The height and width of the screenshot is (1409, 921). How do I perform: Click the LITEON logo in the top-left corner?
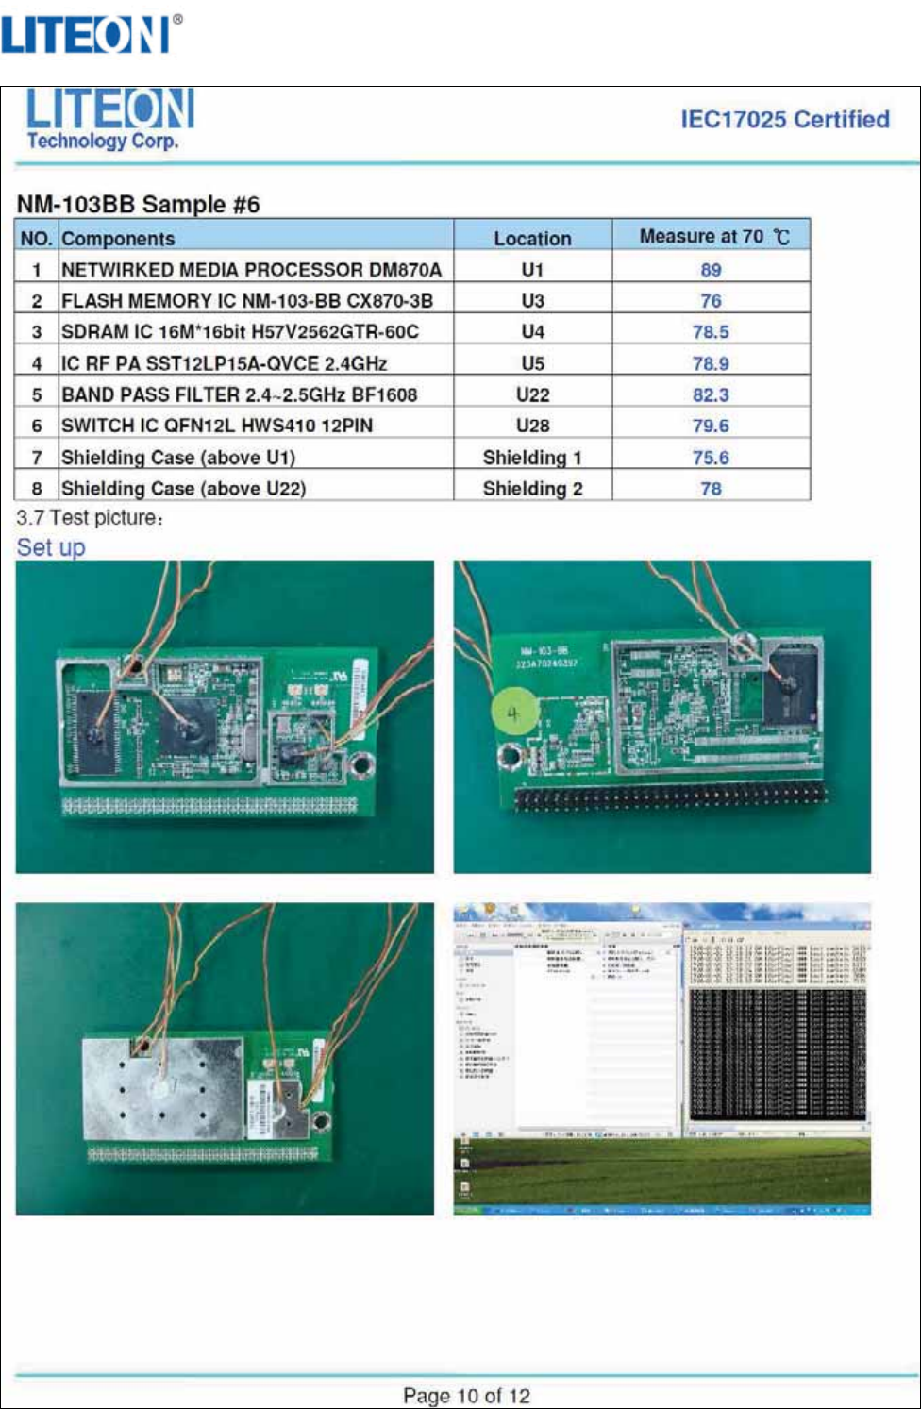click(x=91, y=34)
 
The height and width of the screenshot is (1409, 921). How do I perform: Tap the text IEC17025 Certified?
click(x=785, y=120)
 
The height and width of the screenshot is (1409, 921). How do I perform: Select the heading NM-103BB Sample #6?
click(x=138, y=205)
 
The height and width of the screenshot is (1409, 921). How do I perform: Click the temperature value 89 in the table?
click(x=711, y=270)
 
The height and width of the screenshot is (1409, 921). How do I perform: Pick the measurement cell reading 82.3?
click(x=711, y=394)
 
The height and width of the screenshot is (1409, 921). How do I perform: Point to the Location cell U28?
click(x=532, y=426)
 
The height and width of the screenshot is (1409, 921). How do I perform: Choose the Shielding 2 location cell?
click(x=532, y=488)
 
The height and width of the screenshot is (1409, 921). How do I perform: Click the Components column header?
click(x=118, y=239)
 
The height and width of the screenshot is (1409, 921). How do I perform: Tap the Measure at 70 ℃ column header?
click(x=713, y=237)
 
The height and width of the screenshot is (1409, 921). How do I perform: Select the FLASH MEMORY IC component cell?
click(x=246, y=301)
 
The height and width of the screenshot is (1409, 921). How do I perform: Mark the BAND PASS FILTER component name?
click(x=239, y=394)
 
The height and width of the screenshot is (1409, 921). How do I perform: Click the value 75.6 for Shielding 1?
click(x=711, y=458)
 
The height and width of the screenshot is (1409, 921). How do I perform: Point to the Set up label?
click(x=51, y=547)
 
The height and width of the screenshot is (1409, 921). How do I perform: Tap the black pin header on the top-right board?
click(x=670, y=797)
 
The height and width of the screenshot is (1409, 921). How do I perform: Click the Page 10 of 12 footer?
click(x=466, y=1396)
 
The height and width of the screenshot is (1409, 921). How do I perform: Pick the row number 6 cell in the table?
click(x=37, y=426)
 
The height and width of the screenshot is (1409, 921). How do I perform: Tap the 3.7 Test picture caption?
click(x=91, y=518)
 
